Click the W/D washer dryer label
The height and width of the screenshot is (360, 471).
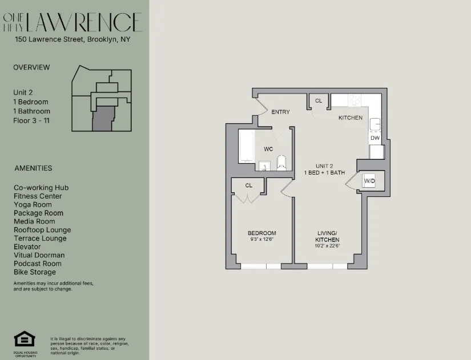tap(369, 181)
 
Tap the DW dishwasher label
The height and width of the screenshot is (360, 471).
tap(375, 138)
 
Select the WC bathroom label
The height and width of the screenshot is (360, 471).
tap(268, 149)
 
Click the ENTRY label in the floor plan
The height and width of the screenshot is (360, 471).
tap(280, 112)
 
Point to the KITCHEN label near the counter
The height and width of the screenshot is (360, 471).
tap(350, 118)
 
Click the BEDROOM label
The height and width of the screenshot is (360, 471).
tap(261, 233)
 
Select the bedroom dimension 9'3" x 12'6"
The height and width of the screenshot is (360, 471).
tap(261, 240)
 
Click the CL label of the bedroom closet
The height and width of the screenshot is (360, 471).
tap(249, 185)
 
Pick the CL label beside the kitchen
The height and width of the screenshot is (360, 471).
tap(319, 101)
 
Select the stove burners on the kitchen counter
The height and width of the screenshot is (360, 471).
tap(355, 100)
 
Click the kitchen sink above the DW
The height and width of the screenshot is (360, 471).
tap(375, 125)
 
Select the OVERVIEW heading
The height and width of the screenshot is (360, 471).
tap(31, 67)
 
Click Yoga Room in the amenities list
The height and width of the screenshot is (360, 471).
tap(33, 204)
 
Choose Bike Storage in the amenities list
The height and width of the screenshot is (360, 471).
tap(35, 272)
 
